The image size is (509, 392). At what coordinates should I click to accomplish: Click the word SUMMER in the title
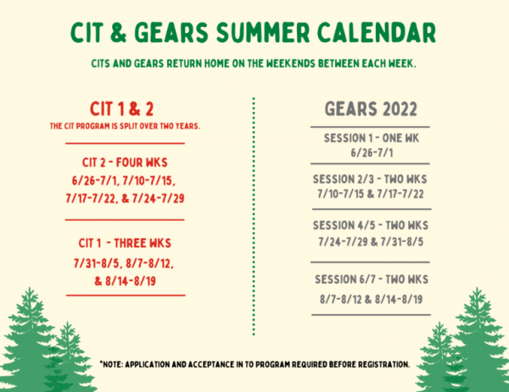263,32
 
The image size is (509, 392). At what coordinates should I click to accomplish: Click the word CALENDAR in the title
376,32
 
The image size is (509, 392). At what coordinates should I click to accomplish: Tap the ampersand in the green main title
118,32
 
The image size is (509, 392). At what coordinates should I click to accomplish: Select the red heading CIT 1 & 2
121,109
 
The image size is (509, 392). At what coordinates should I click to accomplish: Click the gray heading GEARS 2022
371,109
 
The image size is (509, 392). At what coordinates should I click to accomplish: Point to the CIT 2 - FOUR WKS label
125,163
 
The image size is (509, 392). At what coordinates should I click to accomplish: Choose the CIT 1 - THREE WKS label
125,243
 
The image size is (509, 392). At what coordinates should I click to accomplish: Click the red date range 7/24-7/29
158,198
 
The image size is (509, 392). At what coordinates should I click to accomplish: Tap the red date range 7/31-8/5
98,263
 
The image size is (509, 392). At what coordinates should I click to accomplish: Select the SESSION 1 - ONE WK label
372,138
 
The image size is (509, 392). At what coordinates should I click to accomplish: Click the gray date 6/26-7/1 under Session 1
372,152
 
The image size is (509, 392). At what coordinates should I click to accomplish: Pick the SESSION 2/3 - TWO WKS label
370,179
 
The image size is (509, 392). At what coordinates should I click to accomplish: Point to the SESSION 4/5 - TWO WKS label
371,225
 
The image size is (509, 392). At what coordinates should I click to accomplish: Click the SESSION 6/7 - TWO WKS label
372,279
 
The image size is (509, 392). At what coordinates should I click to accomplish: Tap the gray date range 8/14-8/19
399,300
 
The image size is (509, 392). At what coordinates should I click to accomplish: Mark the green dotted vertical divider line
254,216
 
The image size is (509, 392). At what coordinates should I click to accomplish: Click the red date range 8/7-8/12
149,263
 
